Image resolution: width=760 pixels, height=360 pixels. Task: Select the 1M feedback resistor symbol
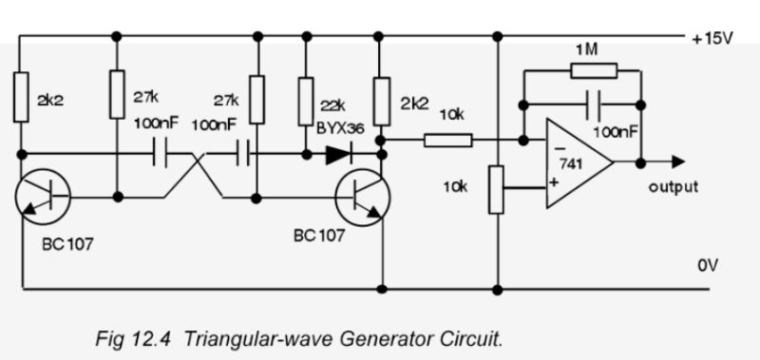pos(594,69)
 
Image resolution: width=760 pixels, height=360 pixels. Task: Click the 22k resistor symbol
pos(305,98)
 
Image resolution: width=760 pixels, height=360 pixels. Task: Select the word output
pos(673,187)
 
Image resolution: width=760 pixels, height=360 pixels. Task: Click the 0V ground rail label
pos(708,267)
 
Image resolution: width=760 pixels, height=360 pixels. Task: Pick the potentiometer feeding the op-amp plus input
pos(495,190)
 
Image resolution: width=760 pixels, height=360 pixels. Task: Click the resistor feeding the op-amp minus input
pos(447,141)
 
